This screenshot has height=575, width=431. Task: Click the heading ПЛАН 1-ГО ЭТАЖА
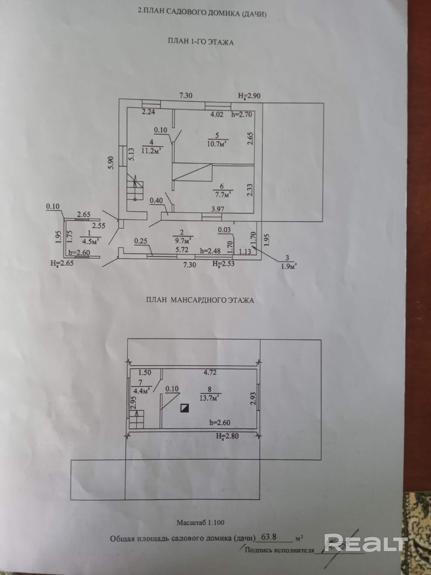point(201,42)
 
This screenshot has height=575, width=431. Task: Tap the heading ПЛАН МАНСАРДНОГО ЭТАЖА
point(200,300)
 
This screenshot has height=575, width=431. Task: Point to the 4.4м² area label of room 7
point(141,391)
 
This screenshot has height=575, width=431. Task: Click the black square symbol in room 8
point(184,408)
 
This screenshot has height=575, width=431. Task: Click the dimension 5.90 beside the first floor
point(112,162)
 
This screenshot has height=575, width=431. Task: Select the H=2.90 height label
point(249,96)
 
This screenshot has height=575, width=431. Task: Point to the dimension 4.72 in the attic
point(210,373)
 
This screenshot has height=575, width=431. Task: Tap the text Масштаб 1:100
point(200,522)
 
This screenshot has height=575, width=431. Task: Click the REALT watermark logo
point(366,542)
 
